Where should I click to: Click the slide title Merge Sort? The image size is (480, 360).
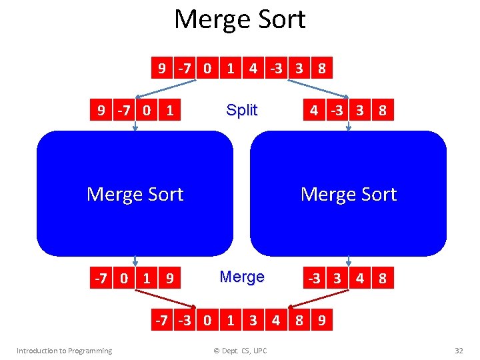(x=239, y=19)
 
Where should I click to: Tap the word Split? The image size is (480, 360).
(x=241, y=110)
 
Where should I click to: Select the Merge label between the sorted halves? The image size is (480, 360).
(x=241, y=277)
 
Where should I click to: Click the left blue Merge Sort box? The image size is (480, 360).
(x=135, y=194)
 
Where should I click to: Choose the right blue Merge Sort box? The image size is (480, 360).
(x=348, y=194)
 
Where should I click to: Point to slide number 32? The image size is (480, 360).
(x=458, y=351)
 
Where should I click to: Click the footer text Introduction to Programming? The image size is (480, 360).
(x=64, y=351)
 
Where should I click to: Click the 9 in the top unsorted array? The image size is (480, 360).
(x=162, y=68)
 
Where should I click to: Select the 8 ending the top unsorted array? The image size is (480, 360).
(x=322, y=68)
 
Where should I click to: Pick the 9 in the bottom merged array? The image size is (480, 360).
(x=322, y=320)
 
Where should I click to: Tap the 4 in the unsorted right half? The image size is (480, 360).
(x=313, y=110)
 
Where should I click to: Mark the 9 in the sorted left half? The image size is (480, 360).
(x=169, y=278)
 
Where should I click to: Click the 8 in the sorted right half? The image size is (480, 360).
(x=382, y=278)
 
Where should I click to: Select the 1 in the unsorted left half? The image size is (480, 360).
(x=169, y=110)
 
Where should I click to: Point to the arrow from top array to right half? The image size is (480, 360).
(x=317, y=89)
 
